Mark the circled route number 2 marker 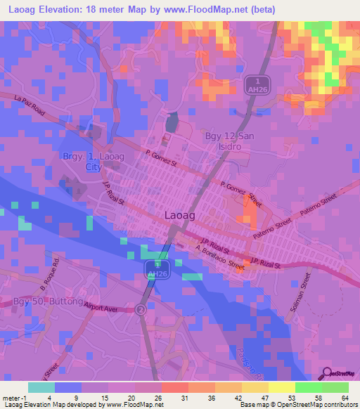pos(141,309)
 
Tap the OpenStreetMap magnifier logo pos(326,373)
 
